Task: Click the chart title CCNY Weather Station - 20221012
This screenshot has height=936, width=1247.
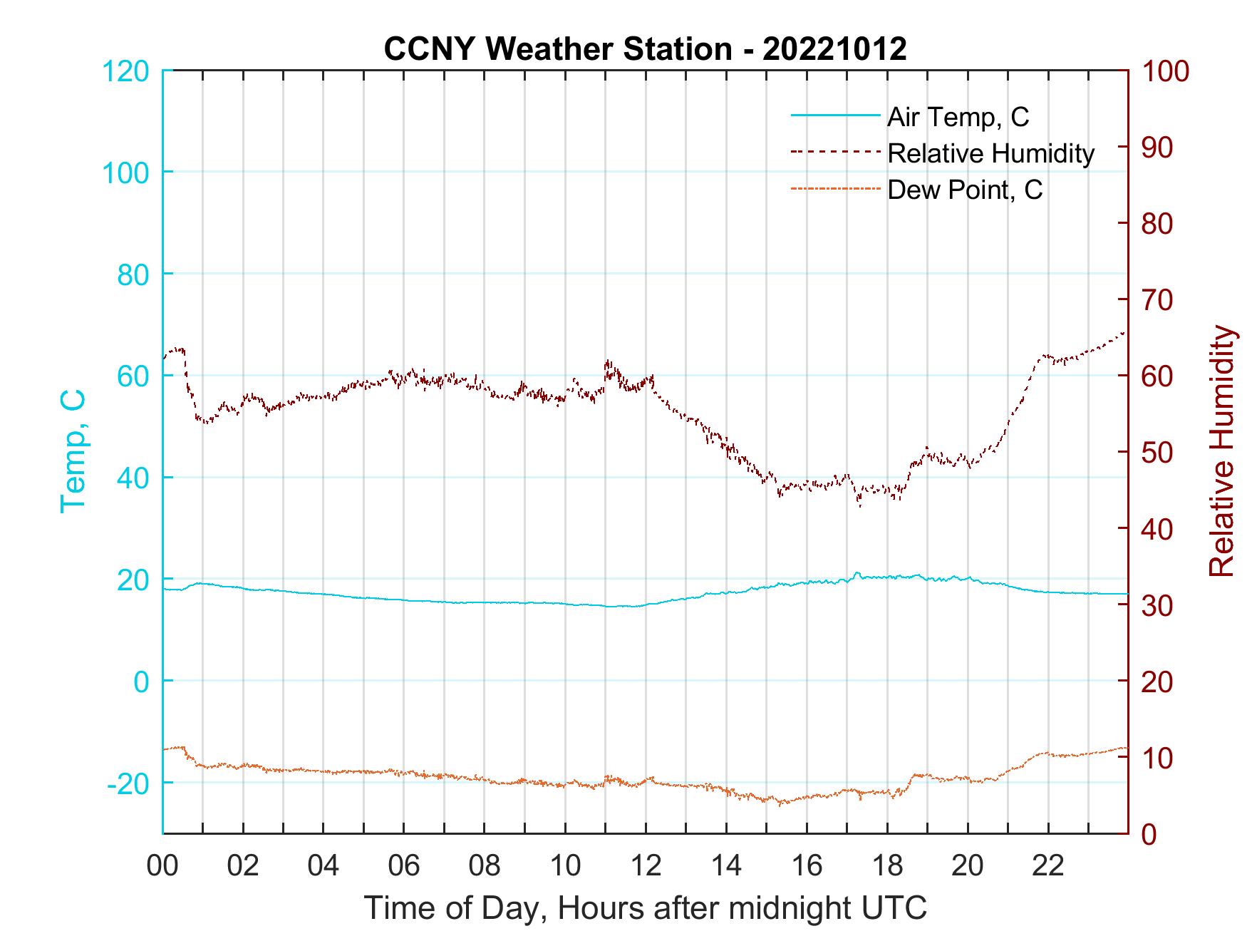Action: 645,49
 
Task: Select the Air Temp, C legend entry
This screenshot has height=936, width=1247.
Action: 958,116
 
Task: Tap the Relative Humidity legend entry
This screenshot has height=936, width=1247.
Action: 990,153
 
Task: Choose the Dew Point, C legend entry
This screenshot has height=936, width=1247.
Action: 965,190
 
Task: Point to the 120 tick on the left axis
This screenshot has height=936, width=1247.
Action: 125,71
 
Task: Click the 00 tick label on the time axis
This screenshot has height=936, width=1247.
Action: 163,866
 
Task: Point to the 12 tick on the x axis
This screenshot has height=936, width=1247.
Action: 646,866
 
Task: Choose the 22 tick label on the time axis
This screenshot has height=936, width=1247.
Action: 1048,866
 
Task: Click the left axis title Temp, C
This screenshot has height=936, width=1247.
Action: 73,451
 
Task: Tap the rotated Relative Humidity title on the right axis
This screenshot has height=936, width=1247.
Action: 1221,451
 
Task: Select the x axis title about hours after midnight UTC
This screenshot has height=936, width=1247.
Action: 646,908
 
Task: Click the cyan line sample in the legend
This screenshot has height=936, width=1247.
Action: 834,116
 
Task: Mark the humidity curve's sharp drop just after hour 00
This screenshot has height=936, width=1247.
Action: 189,385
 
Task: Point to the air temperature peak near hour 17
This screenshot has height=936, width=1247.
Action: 857,573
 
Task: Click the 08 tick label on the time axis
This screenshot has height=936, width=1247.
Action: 485,866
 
